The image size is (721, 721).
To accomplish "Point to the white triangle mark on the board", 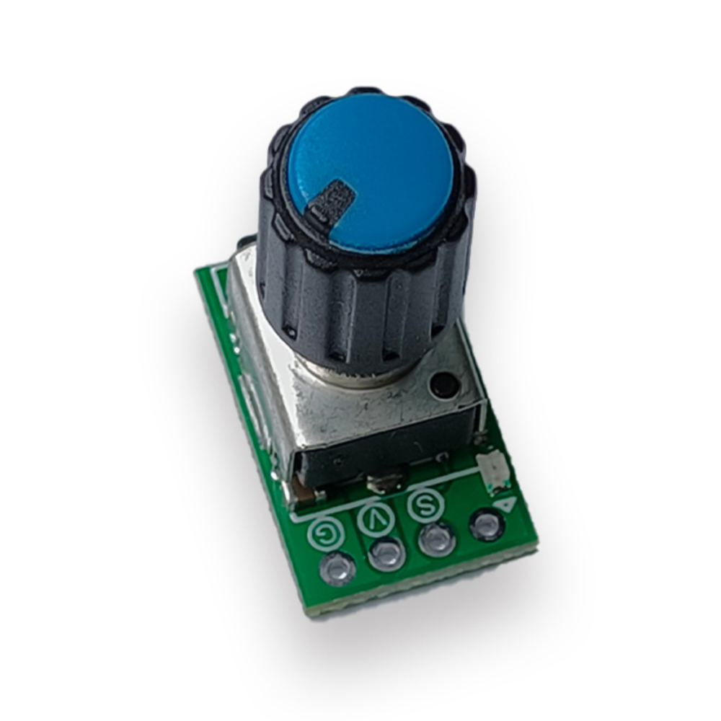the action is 506,505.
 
